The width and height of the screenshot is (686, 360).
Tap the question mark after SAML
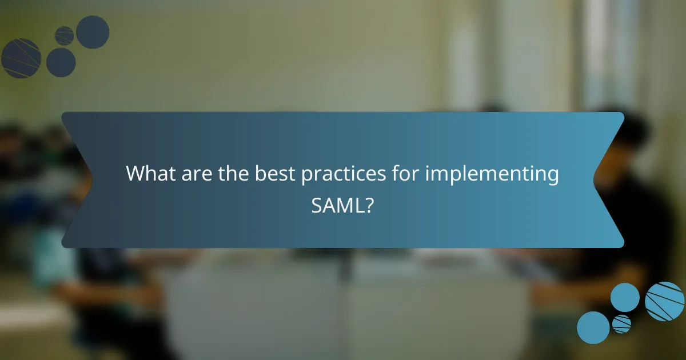coord(370,205)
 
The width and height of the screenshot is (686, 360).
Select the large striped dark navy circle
coord(21,58)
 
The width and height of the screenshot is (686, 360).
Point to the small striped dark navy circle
coord(64,36)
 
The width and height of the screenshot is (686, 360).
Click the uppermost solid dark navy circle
coord(93,32)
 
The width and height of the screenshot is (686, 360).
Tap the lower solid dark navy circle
coord(61,62)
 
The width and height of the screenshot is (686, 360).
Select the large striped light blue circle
coord(664,301)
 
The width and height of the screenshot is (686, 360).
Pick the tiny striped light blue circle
coord(621,323)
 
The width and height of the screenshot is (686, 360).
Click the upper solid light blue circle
coord(625,297)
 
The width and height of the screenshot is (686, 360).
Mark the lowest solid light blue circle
coord(593,327)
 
